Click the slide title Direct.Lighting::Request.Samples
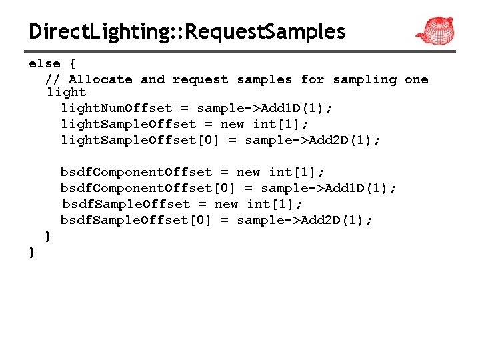[x=187, y=31]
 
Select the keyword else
[x=45, y=64]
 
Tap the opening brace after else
[x=73, y=64]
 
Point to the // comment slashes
[x=53, y=80]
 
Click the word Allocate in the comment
[x=101, y=80]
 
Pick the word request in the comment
[x=200, y=80]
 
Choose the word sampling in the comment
[x=365, y=80]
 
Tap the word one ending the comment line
[x=417, y=80]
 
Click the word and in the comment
[x=153, y=80]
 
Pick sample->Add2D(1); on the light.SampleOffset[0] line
[x=313, y=140]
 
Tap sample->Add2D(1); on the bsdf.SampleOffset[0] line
[x=305, y=220]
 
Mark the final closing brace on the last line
[x=32, y=252]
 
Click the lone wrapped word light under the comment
[x=67, y=93]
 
